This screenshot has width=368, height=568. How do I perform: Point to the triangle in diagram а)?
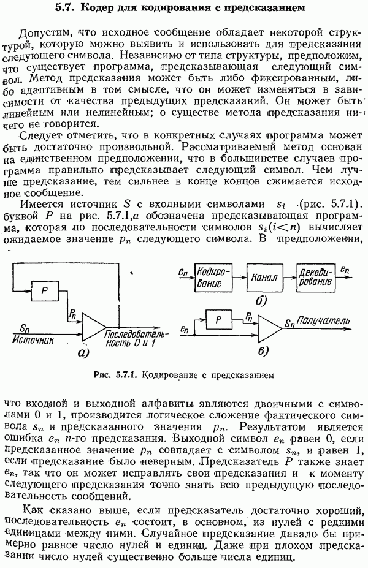click(x=92, y=330)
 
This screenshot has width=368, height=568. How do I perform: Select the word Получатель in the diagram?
click(x=324, y=320)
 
